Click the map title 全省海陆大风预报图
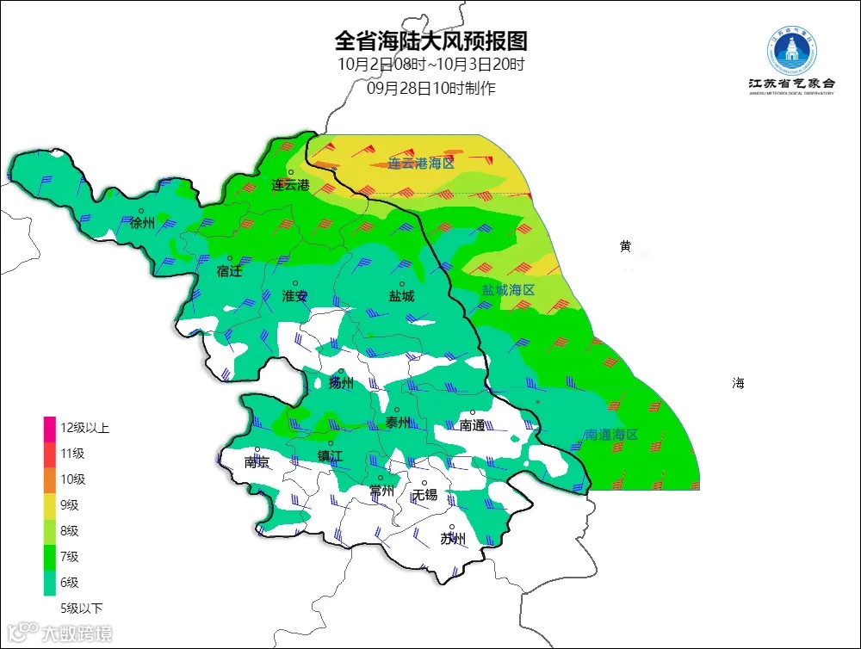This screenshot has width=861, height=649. [430, 40]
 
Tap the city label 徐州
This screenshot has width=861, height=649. [142, 224]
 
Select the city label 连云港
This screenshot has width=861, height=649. [290, 185]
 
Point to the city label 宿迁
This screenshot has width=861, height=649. [230, 271]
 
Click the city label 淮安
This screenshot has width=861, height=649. [294, 296]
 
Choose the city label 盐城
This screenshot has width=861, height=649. [401, 296]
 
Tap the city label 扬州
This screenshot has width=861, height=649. [341, 384]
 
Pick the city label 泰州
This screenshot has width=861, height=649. [398, 423]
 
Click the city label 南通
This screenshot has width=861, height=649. [472, 425]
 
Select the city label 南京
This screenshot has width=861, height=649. [257, 462]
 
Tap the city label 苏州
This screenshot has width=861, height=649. [453, 540]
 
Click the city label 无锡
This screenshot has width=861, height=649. [424, 495]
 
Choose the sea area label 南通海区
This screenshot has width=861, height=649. [610, 436]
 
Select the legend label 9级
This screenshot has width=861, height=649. [70, 505]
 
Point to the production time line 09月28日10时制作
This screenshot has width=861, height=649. [430, 88]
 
